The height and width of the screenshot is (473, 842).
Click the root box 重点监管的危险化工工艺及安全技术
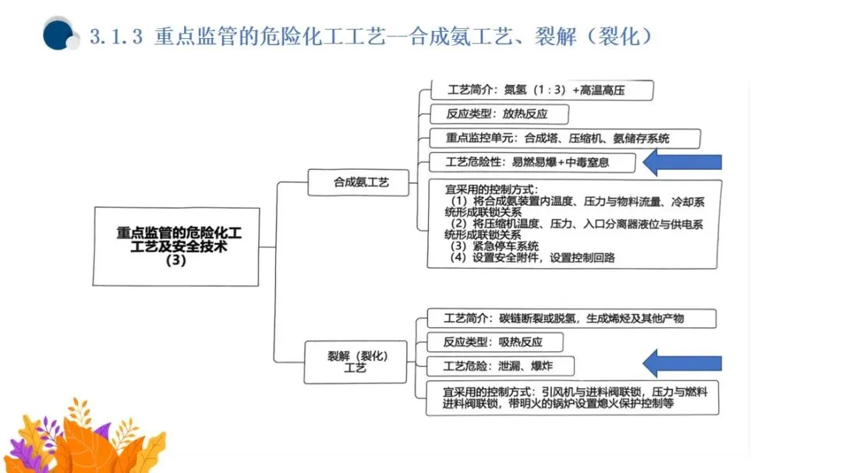click(176, 246)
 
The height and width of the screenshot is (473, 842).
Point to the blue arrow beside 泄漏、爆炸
click(683, 362)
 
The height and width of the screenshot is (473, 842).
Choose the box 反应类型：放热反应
click(497, 114)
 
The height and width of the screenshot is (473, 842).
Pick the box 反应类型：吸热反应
click(493, 342)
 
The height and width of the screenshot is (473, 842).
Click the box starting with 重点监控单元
click(557, 139)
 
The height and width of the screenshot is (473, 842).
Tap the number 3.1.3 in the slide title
click(116, 37)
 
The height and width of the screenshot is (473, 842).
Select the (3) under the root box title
click(176, 262)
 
